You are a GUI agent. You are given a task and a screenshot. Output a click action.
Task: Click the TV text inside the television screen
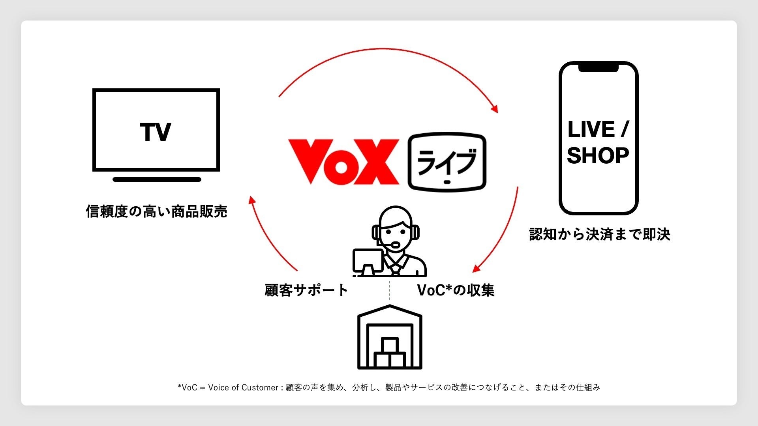coord(156,132)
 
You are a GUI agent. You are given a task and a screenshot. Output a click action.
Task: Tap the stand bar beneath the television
coord(157,179)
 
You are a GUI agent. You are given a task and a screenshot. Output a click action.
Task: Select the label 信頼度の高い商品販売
coord(156,212)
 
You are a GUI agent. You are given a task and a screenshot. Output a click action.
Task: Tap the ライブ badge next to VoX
coord(447,162)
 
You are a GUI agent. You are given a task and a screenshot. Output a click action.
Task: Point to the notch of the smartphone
coord(598,68)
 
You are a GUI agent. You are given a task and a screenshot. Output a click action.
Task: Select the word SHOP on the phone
coord(598,156)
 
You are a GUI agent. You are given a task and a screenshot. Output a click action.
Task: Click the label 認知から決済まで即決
coord(600,234)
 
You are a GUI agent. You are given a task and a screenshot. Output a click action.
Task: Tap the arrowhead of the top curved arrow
coord(494,109)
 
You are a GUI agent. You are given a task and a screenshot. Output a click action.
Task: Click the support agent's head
coord(395,227)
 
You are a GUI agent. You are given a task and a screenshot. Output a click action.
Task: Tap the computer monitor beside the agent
coord(368,260)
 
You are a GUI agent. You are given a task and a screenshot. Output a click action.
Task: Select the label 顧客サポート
coord(306,290)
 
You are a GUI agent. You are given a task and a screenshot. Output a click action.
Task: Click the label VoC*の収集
coord(456,290)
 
